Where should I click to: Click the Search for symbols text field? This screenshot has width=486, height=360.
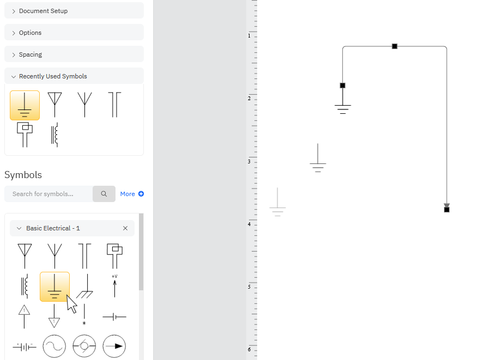pyautogui.click(x=48, y=194)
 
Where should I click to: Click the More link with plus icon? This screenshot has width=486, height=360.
pyautogui.click(x=132, y=194)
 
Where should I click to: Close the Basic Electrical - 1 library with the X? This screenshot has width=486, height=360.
pyautogui.click(x=125, y=228)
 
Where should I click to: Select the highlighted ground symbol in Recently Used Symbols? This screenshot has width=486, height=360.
pyautogui.click(x=25, y=105)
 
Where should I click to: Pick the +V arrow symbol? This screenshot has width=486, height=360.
pyautogui.click(x=114, y=286)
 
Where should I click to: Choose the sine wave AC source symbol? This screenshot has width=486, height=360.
pyautogui.click(x=54, y=346)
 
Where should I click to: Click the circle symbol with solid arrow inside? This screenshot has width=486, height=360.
pyautogui.click(x=114, y=346)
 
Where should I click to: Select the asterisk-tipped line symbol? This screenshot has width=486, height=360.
pyautogui.click(x=84, y=314)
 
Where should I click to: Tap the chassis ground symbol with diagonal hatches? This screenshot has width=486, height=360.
pyautogui.click(x=84, y=286)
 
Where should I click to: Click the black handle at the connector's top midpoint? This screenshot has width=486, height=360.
pyautogui.click(x=394, y=46)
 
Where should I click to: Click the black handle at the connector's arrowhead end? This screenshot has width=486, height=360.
pyautogui.click(x=447, y=210)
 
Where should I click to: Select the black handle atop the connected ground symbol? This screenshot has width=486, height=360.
pyautogui.click(x=343, y=86)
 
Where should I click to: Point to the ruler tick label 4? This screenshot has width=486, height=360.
pyautogui.click(x=249, y=224)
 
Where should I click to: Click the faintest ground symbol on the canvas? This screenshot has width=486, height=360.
pyautogui.click(x=277, y=202)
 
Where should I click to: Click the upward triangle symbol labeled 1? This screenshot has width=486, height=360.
pyautogui.click(x=24, y=316)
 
